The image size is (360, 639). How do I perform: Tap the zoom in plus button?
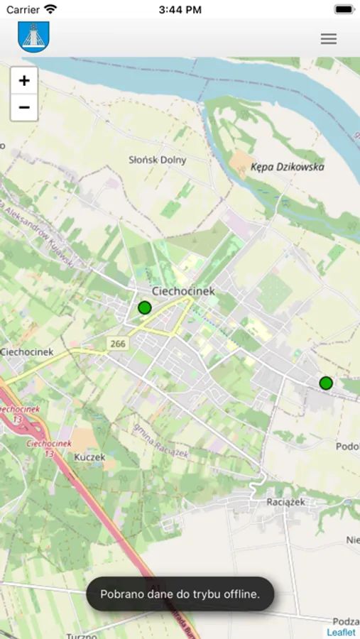24,80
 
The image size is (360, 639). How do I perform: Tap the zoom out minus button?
24,107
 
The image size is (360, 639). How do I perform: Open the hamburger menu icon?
328,39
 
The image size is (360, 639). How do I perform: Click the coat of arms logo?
33,37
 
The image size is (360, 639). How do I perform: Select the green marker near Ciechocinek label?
145,307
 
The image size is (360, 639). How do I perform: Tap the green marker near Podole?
326,383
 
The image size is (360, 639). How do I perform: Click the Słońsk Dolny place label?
158,160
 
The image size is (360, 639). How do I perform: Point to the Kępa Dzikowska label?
287,167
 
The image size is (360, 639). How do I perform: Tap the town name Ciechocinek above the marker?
183,291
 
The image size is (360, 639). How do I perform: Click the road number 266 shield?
117,344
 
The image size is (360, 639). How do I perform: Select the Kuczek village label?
89,457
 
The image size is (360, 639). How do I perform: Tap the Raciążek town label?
285,502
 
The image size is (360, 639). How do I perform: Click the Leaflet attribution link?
342,632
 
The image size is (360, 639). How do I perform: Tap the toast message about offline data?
180,594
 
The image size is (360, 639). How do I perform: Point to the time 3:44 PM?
180,10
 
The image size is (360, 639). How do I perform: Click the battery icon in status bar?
344,10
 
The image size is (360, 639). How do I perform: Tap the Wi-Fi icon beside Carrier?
50,9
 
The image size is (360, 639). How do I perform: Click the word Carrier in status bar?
23,10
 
